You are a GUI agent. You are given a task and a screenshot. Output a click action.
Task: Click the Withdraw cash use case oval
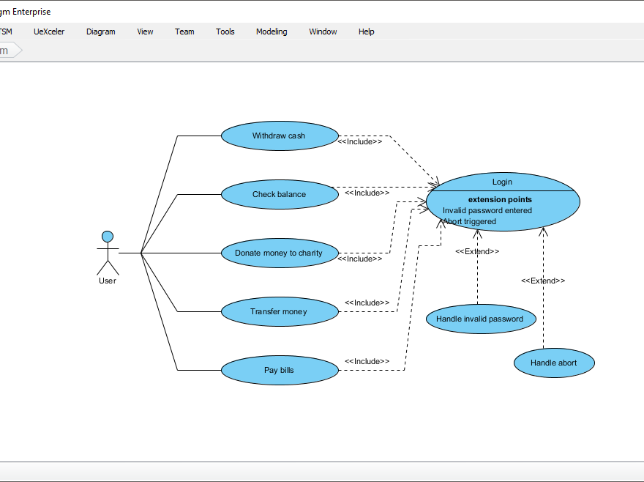tap(279, 136)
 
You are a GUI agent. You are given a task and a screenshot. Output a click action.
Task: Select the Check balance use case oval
tap(279, 194)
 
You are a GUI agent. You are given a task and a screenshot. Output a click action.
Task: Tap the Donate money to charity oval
tap(279, 253)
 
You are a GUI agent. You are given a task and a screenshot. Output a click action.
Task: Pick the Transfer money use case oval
tap(279, 311)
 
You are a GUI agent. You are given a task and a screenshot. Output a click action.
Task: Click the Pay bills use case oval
tap(279, 370)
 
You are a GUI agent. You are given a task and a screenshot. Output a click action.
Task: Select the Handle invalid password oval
tap(479, 319)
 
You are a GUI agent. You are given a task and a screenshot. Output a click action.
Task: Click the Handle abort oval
tap(553, 363)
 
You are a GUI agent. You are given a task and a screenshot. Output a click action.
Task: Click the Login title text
tap(502, 182)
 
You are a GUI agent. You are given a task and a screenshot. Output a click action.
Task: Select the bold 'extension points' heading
tap(500, 199)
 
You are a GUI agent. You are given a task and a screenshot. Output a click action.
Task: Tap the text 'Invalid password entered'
tap(487, 210)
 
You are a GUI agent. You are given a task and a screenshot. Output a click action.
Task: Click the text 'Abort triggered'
tap(470, 221)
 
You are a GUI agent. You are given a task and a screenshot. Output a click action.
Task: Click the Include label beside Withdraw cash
tap(360, 142)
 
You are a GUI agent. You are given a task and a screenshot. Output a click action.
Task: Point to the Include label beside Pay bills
tap(367, 361)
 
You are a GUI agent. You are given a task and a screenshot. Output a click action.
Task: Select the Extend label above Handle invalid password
tap(477, 251)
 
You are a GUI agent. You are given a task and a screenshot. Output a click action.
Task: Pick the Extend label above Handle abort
tap(543, 281)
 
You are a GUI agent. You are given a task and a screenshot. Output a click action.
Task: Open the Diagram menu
tap(101, 31)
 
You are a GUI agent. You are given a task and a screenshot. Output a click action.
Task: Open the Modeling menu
tap(272, 31)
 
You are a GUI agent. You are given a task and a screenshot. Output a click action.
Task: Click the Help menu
tap(366, 31)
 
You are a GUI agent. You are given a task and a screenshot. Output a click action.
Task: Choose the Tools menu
tap(225, 31)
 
